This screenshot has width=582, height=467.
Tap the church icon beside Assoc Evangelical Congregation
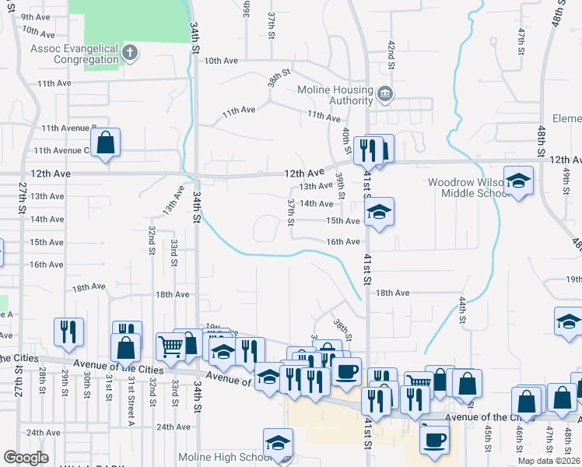pyautogui.click(x=130, y=53)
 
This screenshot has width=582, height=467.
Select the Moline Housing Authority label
pyautogui.click(x=336, y=95)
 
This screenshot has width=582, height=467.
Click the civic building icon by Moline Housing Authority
pyautogui.click(x=384, y=96)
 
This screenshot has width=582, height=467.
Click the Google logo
pyautogui.click(x=26, y=458)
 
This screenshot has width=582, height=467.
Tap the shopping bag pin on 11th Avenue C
pyautogui.click(x=106, y=143)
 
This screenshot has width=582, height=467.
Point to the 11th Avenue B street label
pyautogui.click(x=69, y=128)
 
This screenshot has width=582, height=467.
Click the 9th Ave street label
pyautogui.click(x=35, y=17)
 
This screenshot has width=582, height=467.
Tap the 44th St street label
pyautogui.click(x=462, y=309)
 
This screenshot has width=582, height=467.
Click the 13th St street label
pyautogui.click(x=172, y=200)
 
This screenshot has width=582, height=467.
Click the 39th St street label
pyautogui.click(x=340, y=184)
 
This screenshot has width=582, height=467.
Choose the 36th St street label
pyautogui.click(x=247, y=9)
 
